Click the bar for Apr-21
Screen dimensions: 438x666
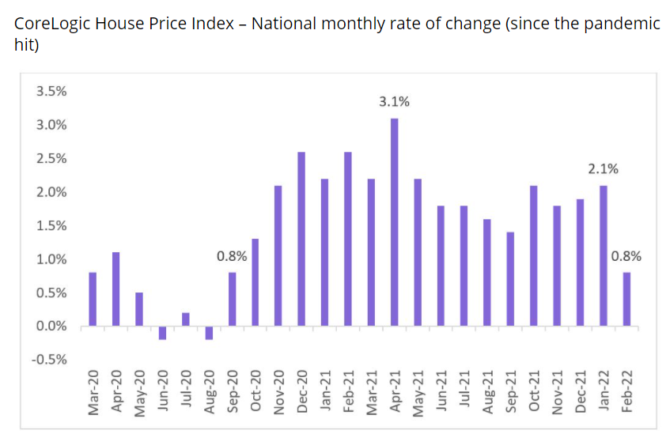click(x=394, y=222)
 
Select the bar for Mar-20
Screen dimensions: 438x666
click(x=92, y=299)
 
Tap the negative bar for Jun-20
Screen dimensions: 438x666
click(x=162, y=333)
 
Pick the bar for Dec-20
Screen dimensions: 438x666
click(x=301, y=239)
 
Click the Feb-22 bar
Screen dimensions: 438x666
click(x=626, y=299)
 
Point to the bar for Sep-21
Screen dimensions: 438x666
click(x=511, y=279)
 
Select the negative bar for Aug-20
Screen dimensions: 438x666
click(x=209, y=333)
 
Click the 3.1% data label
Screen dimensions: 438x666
click(x=394, y=102)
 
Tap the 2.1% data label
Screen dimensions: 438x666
click(x=603, y=168)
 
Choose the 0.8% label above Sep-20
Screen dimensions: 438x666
click(x=232, y=256)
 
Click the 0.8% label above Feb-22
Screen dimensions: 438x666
click(x=626, y=256)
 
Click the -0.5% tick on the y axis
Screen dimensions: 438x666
click(x=49, y=360)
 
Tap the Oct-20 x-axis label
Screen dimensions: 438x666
click(x=256, y=391)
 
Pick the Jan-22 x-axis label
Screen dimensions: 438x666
click(x=604, y=391)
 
